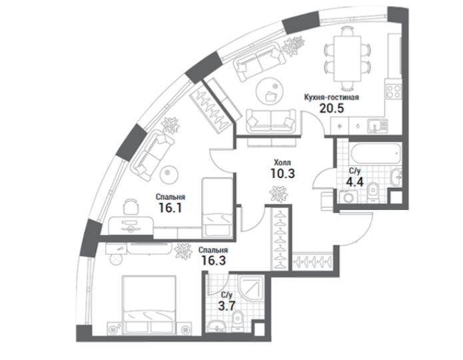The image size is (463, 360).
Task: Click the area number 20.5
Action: point(332,109)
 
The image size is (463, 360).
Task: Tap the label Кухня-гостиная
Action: point(332,97)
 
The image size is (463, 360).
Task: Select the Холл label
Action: point(282,162)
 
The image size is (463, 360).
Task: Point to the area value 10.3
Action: point(282,173)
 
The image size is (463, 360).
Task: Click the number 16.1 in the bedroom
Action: point(171,208)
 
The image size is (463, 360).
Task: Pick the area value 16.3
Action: point(213,261)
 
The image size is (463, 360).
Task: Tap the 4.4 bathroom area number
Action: point(354,182)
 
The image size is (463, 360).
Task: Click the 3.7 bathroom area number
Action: point(227,305)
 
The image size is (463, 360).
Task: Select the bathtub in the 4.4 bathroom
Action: point(375,153)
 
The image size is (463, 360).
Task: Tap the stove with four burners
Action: point(394,91)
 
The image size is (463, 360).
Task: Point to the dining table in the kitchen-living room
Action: point(348,59)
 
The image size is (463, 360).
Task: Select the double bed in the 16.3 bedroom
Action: point(149,305)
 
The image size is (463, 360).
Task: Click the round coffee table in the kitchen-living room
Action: point(270,91)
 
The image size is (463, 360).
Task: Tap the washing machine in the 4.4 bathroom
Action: point(348,197)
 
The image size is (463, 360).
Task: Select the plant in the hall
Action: point(278,194)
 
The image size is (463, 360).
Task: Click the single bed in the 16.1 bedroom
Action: point(217,207)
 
